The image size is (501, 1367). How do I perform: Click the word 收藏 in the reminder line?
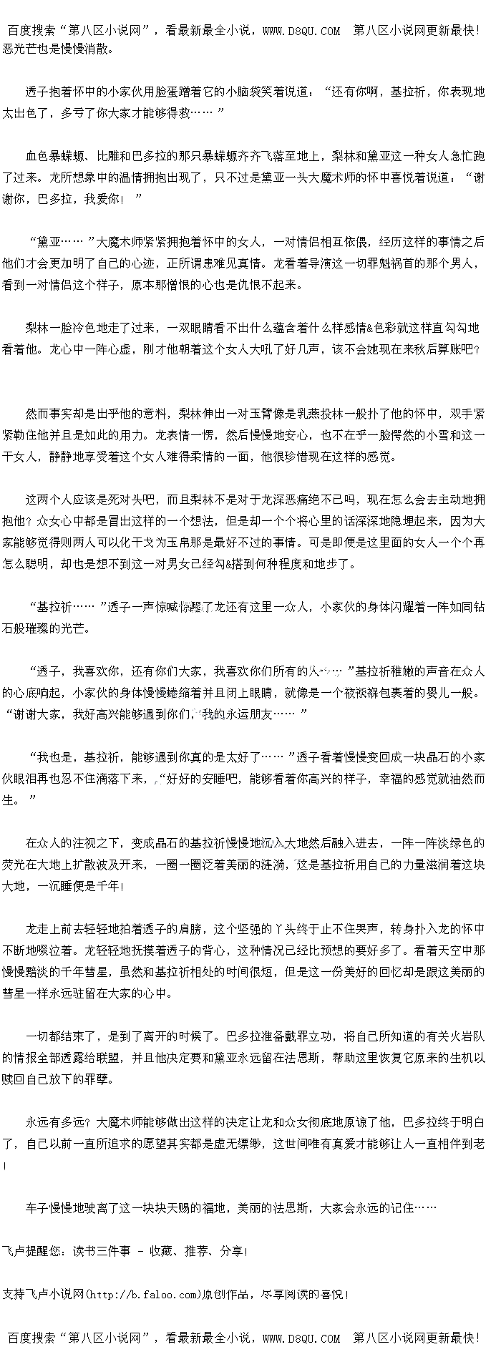(x=161, y=1251)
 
